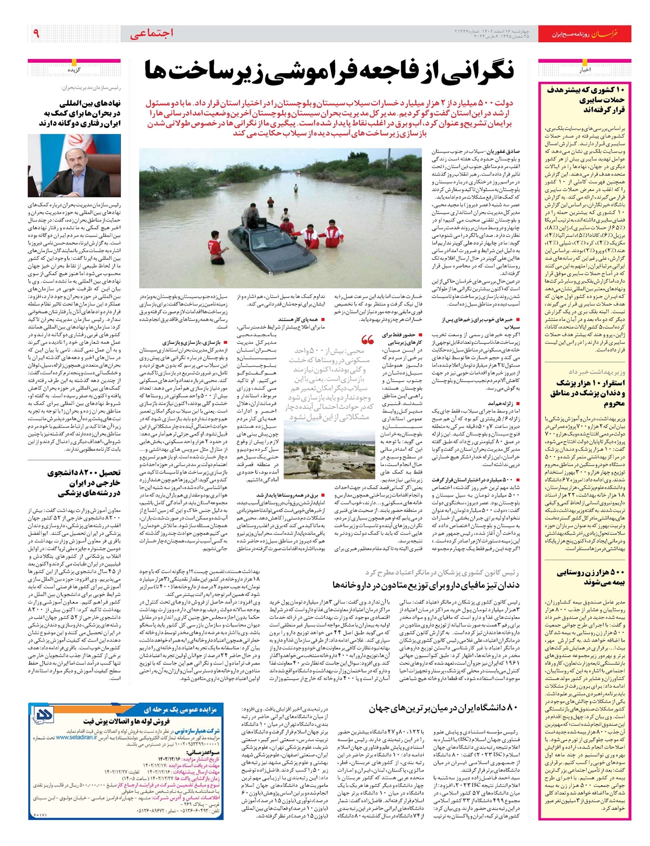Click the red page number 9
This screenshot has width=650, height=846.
(36, 33)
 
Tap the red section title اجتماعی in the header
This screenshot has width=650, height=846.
(152, 34)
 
